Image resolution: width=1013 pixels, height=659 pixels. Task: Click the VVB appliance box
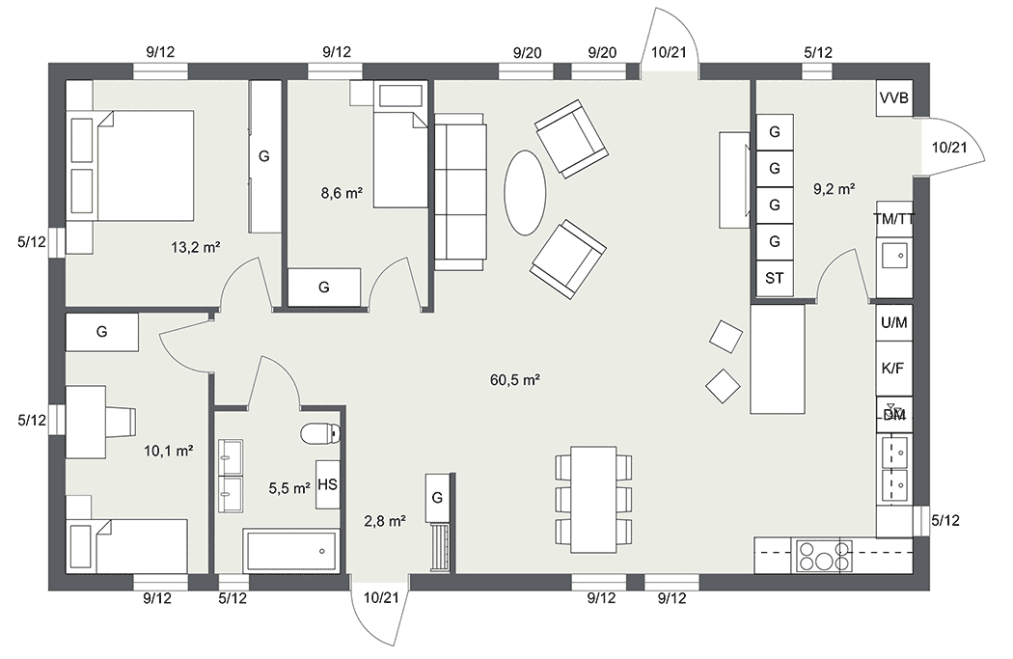(894, 98)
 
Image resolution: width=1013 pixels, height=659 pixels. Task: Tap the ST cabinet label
(774, 278)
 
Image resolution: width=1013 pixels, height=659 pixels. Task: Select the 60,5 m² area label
(514, 380)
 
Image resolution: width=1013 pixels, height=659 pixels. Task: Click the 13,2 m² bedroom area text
(196, 247)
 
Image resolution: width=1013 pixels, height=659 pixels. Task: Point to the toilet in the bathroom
(319, 432)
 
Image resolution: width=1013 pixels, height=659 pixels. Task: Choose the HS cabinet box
(327, 484)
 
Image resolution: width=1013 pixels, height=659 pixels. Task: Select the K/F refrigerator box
(893, 369)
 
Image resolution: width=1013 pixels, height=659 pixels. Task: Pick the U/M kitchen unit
(893, 322)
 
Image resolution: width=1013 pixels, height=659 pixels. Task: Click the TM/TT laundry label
(893, 218)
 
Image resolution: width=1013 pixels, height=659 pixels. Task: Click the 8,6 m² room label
(341, 193)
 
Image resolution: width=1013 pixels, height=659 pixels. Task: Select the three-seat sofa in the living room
(460, 191)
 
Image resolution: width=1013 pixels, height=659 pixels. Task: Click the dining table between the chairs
(592, 499)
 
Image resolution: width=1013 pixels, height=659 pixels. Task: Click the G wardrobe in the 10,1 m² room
(101, 331)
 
